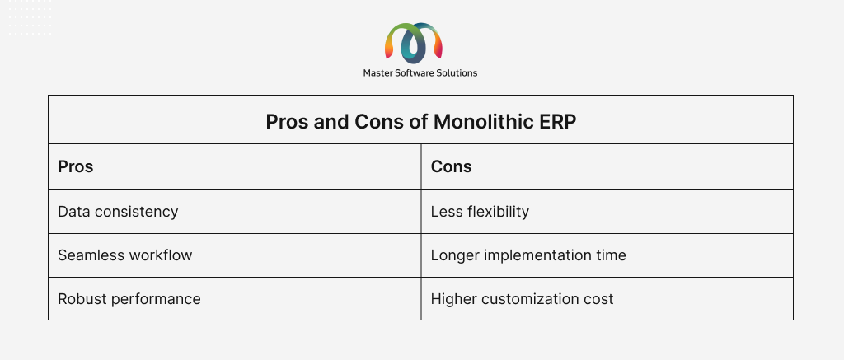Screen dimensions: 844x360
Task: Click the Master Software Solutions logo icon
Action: point(414,42)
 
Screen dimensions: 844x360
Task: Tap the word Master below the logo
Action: point(377,72)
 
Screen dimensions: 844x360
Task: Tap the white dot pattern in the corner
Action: point(30,18)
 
